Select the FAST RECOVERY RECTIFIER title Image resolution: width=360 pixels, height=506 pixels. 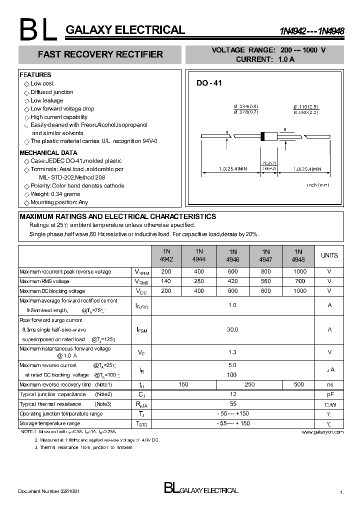coord(100,54)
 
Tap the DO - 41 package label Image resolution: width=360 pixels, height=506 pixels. coord(208,83)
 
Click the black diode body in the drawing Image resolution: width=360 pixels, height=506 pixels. coord(269,135)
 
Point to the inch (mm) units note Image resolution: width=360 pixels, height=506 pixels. coord(318,185)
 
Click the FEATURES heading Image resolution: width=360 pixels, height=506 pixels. coord(35,75)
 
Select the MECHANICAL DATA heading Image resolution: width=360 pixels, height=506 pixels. coord(48,153)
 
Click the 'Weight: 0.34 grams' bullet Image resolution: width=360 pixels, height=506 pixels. coord(55,194)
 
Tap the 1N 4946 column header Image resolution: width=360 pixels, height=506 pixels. coord(233,255)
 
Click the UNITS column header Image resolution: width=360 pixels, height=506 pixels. coord(329,255)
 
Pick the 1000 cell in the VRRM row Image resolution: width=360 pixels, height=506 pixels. coord(298,271)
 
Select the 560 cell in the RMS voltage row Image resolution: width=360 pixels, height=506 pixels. coord(265,281)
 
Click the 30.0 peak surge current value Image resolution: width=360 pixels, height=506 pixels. coord(232,329)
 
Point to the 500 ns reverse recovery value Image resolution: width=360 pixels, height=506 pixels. coord(298,384)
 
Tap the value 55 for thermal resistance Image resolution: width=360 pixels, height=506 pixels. coord(232,404)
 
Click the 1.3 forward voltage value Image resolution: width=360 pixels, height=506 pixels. coord(232,352)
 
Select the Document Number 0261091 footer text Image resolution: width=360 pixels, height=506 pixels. coord(48,491)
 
